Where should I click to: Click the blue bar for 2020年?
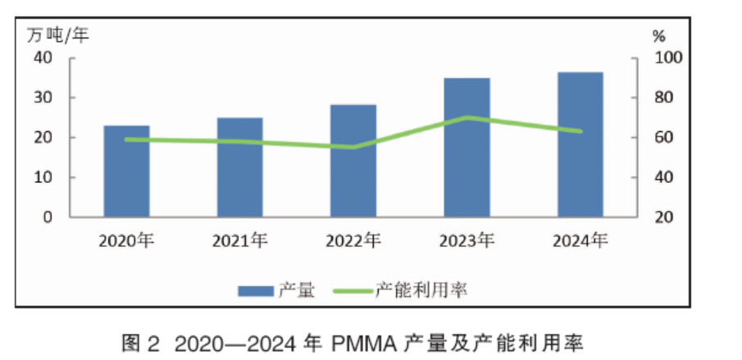[126, 171]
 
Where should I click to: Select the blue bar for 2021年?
[239, 167]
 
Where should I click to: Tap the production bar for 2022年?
[353, 161]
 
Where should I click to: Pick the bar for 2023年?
[467, 148]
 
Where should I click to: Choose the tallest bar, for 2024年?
[580, 144]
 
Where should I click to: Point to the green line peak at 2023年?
[467, 117]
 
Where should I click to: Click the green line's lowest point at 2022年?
[353, 148]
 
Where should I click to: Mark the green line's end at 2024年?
[580, 131]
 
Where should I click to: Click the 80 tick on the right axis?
[661, 98]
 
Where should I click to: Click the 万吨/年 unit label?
[58, 34]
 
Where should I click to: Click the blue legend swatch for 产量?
[256, 290]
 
